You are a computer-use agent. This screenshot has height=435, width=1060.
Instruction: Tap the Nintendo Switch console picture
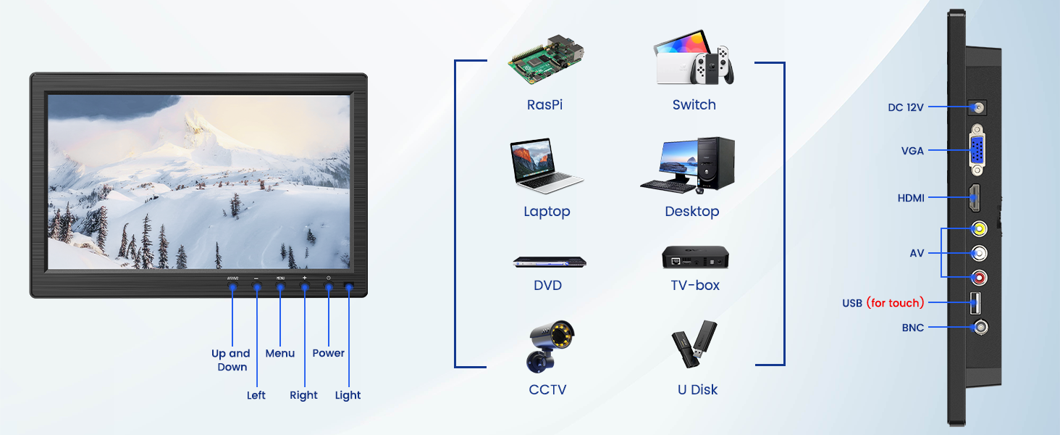click(694, 60)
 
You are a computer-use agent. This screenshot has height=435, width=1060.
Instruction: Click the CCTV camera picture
click(550, 346)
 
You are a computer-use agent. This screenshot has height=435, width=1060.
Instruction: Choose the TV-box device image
click(695, 258)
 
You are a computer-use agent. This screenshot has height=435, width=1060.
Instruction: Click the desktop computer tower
click(715, 162)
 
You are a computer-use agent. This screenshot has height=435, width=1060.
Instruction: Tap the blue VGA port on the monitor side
click(978, 151)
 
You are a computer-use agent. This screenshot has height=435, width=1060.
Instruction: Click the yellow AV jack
click(979, 229)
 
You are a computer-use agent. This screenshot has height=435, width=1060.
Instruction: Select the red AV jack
click(979, 278)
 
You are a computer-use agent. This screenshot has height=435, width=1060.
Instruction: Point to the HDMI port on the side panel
click(976, 197)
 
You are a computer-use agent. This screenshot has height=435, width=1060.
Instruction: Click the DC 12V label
click(906, 107)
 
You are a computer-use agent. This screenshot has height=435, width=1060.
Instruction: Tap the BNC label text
click(913, 328)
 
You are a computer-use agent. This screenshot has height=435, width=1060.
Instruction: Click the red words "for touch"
click(895, 303)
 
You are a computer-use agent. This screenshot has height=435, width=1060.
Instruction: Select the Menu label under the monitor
click(280, 353)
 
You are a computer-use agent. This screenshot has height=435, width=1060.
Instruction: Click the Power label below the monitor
click(328, 353)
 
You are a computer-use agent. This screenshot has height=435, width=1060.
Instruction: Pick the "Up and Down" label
click(231, 360)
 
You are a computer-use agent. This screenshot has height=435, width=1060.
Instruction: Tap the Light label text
click(348, 395)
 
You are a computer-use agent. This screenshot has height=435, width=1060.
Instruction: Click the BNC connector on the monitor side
click(980, 328)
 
